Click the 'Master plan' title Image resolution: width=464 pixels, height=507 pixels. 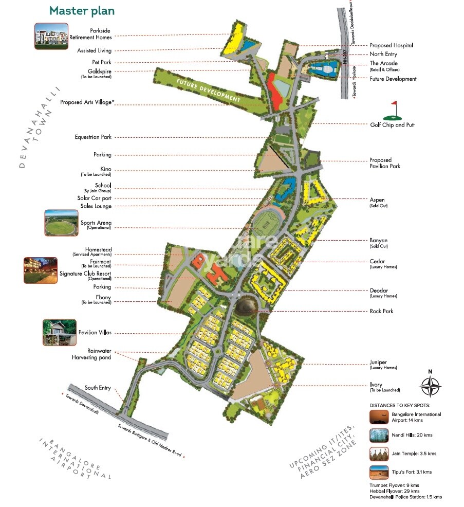82,11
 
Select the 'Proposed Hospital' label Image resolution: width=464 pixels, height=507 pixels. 392,45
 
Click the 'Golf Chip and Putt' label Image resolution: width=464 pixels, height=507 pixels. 392,125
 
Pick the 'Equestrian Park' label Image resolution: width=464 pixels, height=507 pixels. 92,137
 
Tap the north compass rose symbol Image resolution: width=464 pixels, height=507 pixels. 431,384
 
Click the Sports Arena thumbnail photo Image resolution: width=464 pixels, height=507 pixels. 61,223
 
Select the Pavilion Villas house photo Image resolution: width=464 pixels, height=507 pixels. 59,332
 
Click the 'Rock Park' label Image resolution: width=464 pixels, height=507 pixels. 381,311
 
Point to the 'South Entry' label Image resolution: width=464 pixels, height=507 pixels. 98,388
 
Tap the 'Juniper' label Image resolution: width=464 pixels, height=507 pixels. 378,362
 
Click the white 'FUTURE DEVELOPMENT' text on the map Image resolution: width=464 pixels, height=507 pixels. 208,90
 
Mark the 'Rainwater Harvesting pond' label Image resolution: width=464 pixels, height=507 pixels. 92,354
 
